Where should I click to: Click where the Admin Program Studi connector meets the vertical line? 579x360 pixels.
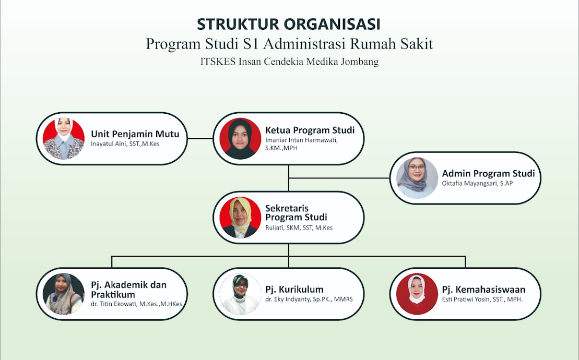click(x=288, y=178)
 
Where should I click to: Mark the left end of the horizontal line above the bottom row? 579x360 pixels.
click(x=112, y=256)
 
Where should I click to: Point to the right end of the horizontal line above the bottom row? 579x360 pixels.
click(x=465, y=256)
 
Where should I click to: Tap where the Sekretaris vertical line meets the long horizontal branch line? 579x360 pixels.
click(x=288, y=256)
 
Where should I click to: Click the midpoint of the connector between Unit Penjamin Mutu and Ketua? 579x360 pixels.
click(x=200, y=139)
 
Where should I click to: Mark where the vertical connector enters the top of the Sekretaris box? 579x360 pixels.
click(x=288, y=191)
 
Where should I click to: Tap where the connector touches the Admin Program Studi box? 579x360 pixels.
click(x=390, y=178)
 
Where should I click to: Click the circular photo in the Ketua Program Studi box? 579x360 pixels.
click(x=240, y=139)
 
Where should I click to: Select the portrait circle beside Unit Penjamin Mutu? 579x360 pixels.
click(x=64, y=139)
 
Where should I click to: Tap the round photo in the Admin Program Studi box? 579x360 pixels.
click(x=417, y=178)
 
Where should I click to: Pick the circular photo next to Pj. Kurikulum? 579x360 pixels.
click(x=240, y=294)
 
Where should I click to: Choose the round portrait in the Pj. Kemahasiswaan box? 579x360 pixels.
click(x=417, y=294)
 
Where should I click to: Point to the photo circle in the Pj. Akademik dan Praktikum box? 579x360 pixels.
click(x=64, y=294)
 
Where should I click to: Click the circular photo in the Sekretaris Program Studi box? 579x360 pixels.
click(x=240, y=218)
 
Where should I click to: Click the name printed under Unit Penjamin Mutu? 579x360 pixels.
click(x=125, y=144)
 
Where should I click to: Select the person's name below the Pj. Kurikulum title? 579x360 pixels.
click(x=309, y=299)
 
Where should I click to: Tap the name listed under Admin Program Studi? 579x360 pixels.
click(x=478, y=183)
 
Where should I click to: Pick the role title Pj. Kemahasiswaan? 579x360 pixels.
click(x=484, y=290)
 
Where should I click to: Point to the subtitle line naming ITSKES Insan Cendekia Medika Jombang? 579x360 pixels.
click(x=289, y=62)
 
